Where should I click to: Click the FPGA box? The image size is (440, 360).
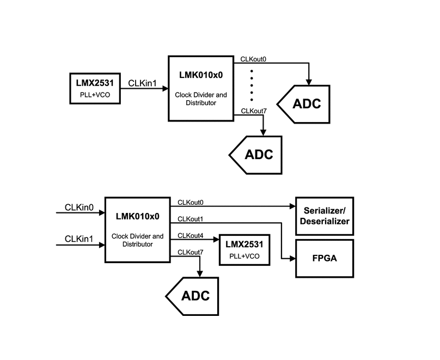pyautogui.click(x=325, y=258)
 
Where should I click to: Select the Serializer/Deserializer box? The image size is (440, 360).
pyautogui.click(x=325, y=216)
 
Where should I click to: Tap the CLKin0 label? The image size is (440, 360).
pyautogui.click(x=79, y=208)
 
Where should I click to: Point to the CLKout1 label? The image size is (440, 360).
pyautogui.click(x=190, y=219)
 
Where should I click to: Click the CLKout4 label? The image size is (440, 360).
pyautogui.click(x=190, y=236)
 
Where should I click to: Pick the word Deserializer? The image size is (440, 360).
pyautogui.click(x=325, y=221)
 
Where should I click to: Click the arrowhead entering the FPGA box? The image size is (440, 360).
pyautogui.click(x=292, y=258)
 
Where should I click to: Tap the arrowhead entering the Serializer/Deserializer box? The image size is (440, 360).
pyautogui.click(x=292, y=206)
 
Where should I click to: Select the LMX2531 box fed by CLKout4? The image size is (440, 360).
pyautogui.click(x=245, y=250)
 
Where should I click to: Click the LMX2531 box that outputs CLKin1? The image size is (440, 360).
pyautogui.click(x=95, y=89)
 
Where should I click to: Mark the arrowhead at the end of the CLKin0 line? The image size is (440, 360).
pyautogui.click(x=102, y=213)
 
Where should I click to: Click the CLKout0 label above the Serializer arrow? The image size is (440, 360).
pyautogui.click(x=190, y=202)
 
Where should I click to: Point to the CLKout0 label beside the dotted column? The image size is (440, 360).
pyautogui.click(x=253, y=59)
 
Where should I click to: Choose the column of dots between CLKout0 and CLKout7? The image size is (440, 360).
pyautogui.click(x=252, y=86)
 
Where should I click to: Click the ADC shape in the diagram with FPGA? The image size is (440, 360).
pyautogui.click(x=192, y=296)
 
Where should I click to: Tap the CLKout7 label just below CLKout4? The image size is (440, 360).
pyautogui.click(x=190, y=252)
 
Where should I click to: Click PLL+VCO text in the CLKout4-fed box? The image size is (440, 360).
pyautogui.click(x=245, y=256)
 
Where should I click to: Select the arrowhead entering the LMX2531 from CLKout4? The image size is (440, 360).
pyautogui.click(x=216, y=239)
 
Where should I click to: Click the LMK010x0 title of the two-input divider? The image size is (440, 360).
pyautogui.click(x=137, y=216)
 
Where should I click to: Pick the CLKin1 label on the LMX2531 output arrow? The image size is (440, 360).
pyautogui.click(x=142, y=83)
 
